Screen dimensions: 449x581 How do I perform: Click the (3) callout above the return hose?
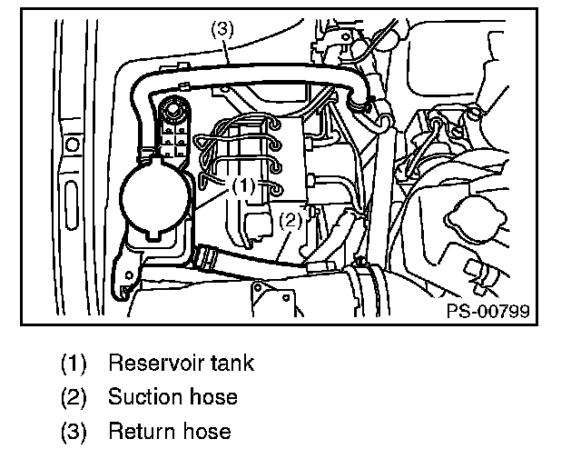(x=222, y=28)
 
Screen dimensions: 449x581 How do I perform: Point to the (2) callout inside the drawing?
(x=290, y=220)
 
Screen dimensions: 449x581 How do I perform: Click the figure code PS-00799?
(x=487, y=312)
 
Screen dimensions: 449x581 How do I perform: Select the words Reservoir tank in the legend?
(x=181, y=364)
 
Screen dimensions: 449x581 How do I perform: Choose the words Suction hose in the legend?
(x=172, y=397)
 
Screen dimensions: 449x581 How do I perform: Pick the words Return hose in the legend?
(x=169, y=430)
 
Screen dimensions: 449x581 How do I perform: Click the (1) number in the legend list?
(x=74, y=364)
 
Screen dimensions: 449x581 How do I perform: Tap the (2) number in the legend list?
(x=74, y=397)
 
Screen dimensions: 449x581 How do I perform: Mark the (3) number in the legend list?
(x=74, y=430)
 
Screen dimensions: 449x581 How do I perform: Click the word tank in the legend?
(x=232, y=364)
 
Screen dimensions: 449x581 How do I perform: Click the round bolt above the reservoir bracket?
(x=169, y=113)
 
